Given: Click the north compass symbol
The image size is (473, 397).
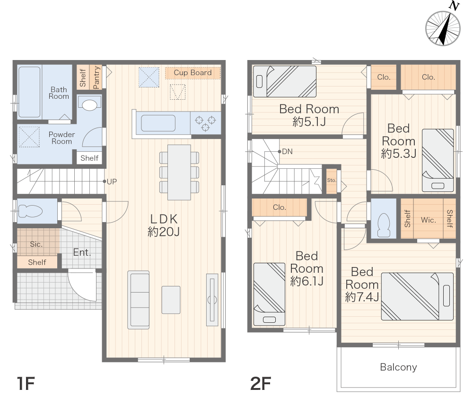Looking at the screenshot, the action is point(443,28).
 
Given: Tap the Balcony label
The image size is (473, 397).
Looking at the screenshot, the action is point(398,367).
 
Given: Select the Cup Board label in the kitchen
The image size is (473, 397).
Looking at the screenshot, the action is point(193,73).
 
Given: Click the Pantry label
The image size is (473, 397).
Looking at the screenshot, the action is point(96,78).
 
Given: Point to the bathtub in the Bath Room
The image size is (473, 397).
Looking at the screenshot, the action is point(29,92).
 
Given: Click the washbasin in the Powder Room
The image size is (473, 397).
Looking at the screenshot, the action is point(89,104).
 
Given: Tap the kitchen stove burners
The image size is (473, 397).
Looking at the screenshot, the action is point(205,123).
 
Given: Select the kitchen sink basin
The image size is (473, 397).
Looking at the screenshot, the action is point(158,123).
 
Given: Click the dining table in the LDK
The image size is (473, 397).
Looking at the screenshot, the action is point(179,172).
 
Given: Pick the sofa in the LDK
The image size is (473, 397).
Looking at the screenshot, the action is point(139,300).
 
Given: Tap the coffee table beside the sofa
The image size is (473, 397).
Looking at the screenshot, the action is point(171,300).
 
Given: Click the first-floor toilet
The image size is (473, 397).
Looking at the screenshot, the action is point(30,211).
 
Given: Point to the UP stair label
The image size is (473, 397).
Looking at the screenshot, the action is point(112,181).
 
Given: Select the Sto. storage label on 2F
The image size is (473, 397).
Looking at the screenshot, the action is point(332,180).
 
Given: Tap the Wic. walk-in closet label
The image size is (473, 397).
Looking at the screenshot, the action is point(429,220).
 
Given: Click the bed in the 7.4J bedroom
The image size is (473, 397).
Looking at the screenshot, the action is point(417,296).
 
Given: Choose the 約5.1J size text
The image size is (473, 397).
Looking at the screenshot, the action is point(309,122).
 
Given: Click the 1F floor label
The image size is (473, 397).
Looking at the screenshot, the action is point(26,383).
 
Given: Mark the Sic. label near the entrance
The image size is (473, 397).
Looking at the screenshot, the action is point(36,244).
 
